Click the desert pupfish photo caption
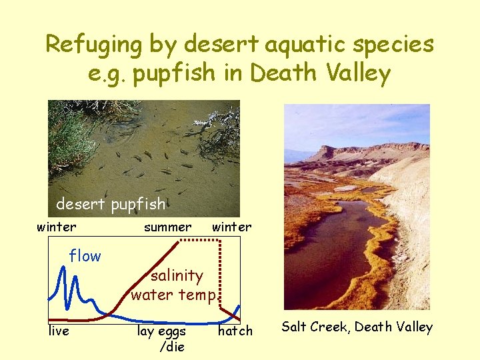(x=111, y=203)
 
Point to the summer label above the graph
(x=167, y=227)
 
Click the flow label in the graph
(x=85, y=256)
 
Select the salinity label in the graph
(x=177, y=275)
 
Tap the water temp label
(x=173, y=295)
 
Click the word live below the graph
(x=59, y=331)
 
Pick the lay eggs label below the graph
(x=161, y=331)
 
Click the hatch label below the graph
(x=235, y=331)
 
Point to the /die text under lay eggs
(x=171, y=347)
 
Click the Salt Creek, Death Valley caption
(x=357, y=327)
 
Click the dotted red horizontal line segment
(x=200, y=239)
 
